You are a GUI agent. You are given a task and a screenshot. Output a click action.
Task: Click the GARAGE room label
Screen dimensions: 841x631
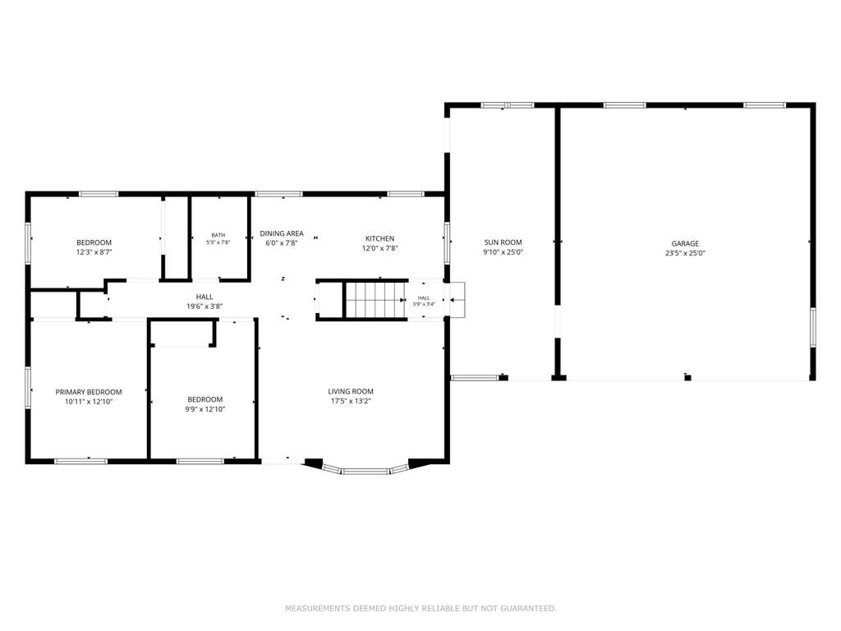click(685, 243)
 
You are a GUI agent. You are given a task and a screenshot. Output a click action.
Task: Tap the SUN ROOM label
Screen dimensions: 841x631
click(503, 242)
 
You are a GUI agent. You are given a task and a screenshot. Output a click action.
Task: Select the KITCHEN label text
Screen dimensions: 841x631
click(379, 239)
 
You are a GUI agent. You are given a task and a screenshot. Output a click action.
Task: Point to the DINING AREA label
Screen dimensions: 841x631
click(282, 233)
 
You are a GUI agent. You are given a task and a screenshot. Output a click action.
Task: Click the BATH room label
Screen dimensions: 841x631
click(218, 235)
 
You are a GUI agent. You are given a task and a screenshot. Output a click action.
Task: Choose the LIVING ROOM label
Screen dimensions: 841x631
click(351, 392)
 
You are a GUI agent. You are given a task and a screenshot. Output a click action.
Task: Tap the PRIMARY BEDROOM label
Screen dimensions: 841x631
click(89, 392)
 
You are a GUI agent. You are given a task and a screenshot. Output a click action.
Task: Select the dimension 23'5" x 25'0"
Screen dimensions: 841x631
click(685, 253)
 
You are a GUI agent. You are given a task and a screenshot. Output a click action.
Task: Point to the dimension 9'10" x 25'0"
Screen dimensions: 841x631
click(503, 252)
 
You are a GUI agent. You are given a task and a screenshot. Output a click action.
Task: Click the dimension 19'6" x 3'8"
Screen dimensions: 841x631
click(205, 306)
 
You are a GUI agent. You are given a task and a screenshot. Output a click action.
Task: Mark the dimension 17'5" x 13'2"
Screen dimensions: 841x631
click(351, 401)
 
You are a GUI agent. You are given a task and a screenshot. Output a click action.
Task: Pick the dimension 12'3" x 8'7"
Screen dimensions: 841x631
click(94, 252)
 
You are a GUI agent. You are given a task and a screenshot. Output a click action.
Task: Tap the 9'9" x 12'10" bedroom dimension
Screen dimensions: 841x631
click(205, 409)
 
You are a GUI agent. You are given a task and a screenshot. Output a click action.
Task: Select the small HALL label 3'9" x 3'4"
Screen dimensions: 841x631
click(424, 301)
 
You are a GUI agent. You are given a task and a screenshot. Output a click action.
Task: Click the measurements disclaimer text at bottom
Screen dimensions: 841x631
click(420, 609)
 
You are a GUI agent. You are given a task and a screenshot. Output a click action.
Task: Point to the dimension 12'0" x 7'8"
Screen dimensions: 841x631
click(379, 248)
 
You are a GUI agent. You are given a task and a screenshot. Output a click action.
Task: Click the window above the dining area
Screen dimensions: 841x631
click(278, 194)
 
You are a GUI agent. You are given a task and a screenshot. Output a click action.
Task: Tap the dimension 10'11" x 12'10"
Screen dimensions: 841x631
click(89, 402)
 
